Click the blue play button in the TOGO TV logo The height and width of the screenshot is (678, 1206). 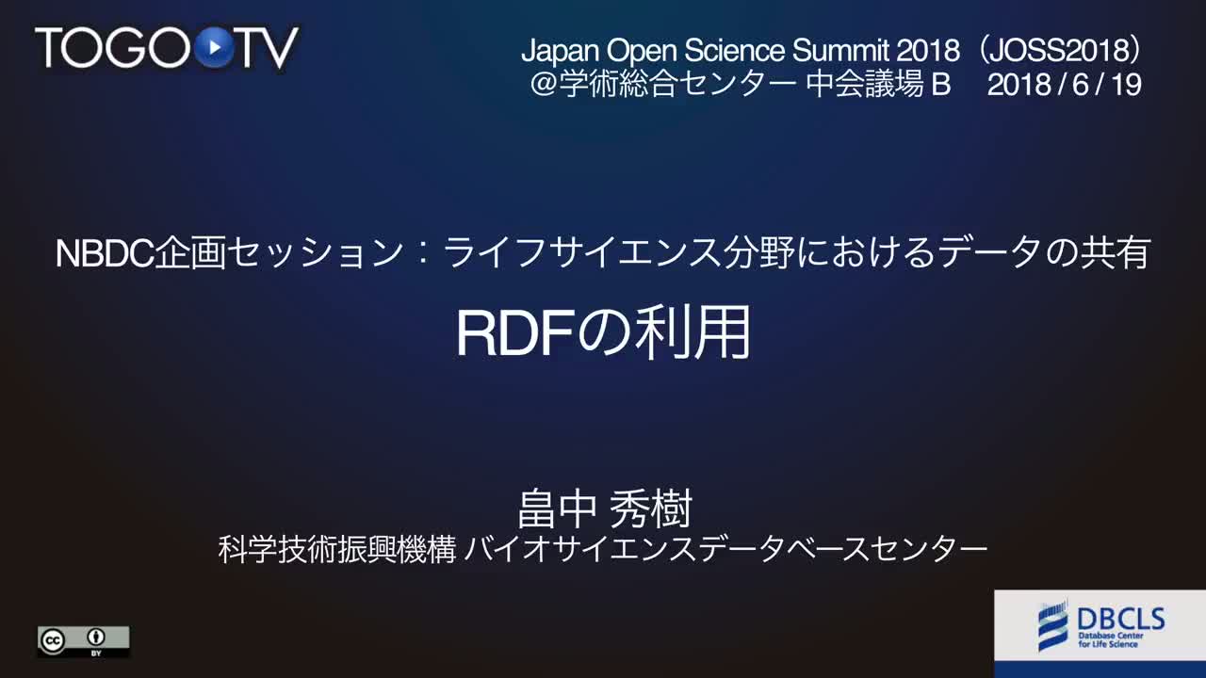[214, 47]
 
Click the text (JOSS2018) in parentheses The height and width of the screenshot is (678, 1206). [1061, 50]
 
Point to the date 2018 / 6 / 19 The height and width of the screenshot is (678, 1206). [1065, 85]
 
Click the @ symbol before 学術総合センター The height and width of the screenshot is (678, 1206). [544, 85]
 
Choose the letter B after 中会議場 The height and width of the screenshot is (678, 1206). [940, 85]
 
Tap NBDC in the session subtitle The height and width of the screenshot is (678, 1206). [105, 253]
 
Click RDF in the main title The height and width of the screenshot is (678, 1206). [514, 332]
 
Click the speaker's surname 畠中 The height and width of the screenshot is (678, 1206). [557, 508]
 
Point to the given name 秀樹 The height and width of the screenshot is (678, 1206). [651, 508]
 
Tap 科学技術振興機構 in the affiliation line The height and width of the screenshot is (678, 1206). [337, 549]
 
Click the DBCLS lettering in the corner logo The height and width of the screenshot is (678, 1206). [1120, 619]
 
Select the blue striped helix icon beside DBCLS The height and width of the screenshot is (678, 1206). [1053, 625]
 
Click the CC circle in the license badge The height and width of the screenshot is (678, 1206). [53, 640]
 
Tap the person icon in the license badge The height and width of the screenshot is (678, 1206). [96, 638]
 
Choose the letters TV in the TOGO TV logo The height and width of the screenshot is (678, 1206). [268, 48]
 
